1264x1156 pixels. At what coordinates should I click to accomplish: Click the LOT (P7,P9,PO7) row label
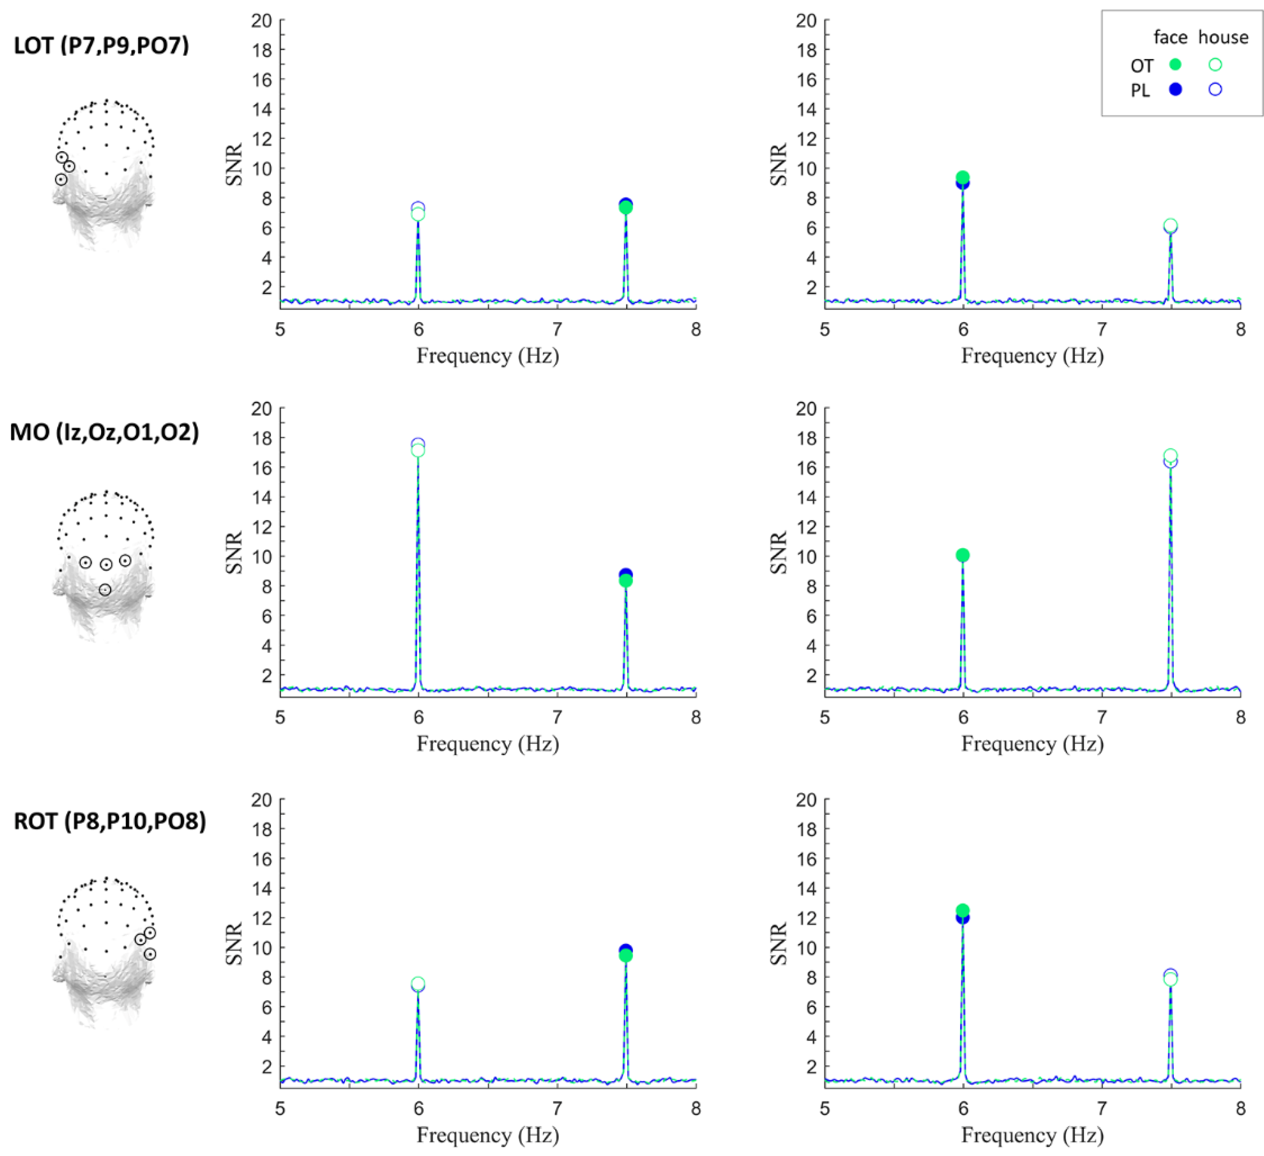(x=101, y=46)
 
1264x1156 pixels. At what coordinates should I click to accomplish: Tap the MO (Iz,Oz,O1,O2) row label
(x=104, y=432)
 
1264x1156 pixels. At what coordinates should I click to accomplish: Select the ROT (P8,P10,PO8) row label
(x=110, y=821)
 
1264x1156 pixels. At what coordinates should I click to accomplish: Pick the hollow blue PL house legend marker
(x=1215, y=89)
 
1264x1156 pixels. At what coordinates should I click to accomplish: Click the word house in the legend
(x=1223, y=38)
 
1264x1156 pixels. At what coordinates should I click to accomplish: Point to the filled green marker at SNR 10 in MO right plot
(x=962, y=555)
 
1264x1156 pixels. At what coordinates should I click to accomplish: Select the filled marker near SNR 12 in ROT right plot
(x=962, y=913)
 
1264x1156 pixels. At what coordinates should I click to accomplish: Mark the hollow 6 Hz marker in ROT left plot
(x=418, y=984)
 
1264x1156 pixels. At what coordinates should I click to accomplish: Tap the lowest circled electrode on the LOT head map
(x=61, y=179)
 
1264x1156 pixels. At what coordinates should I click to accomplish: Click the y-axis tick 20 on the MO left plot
(x=261, y=409)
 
